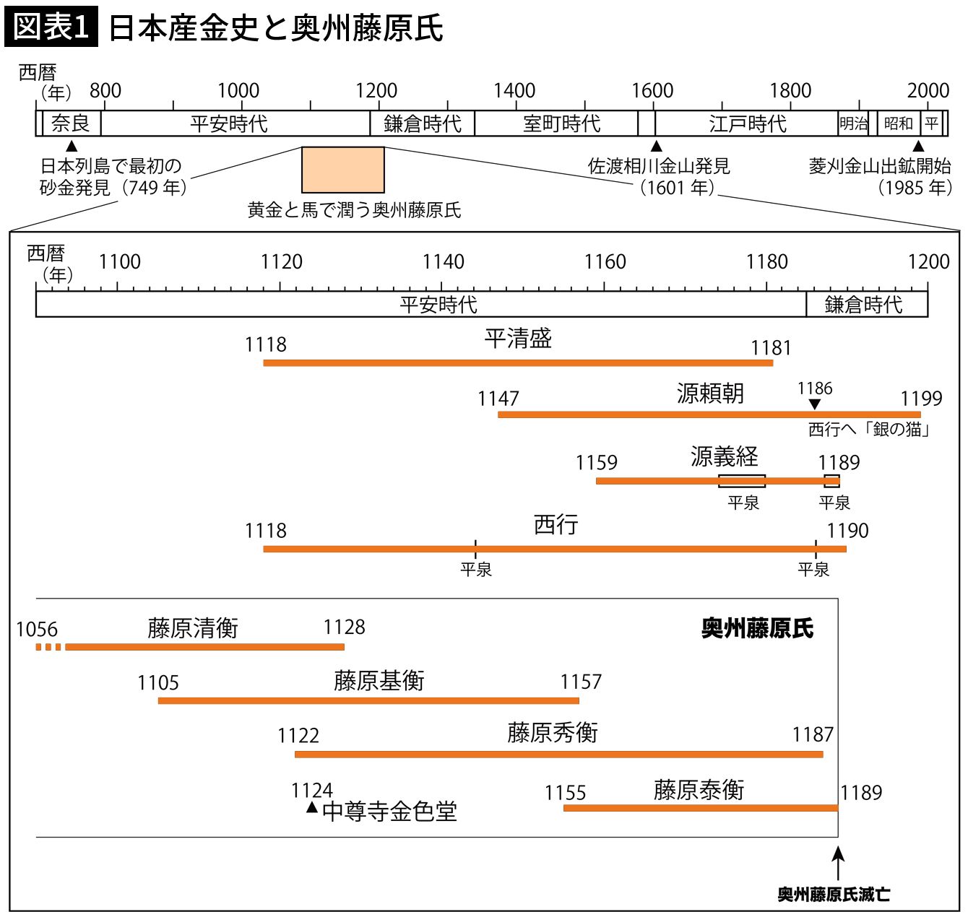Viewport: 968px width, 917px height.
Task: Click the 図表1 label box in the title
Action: click(51, 27)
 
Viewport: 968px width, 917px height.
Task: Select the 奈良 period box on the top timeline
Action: click(71, 123)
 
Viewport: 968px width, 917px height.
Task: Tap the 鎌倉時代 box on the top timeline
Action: click(423, 123)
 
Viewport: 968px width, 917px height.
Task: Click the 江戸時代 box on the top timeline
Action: click(747, 123)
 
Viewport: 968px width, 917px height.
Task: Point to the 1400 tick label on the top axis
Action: click(514, 91)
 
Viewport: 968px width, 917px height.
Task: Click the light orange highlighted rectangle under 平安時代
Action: click(342, 170)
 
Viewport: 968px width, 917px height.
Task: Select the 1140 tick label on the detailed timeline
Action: click(443, 261)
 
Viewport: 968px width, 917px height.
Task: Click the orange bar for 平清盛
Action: click(517, 362)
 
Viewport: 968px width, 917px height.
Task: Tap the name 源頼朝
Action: click(709, 393)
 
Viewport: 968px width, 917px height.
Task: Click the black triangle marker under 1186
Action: click(815, 404)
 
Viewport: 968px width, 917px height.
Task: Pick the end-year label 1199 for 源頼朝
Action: click(921, 398)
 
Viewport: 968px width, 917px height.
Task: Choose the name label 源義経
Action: click(724, 456)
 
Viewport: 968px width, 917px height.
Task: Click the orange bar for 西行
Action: click(554, 549)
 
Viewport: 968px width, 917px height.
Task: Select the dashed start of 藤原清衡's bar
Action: click(48, 647)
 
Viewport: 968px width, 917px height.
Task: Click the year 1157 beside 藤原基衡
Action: click(581, 682)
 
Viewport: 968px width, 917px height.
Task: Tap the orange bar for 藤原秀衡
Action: click(558, 754)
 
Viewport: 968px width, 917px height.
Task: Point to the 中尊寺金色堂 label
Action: click(389, 812)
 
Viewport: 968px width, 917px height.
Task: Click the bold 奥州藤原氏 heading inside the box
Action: click(757, 628)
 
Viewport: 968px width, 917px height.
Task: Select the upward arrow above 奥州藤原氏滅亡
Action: click(838, 862)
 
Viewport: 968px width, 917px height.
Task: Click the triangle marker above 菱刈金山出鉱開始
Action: click(918, 147)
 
